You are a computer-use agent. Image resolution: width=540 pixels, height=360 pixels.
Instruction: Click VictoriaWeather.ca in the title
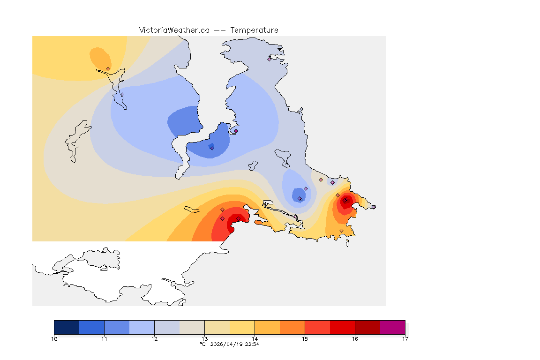pyautogui.click(x=174, y=30)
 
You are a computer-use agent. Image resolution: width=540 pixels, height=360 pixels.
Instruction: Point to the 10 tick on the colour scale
pyautogui.click(x=54, y=339)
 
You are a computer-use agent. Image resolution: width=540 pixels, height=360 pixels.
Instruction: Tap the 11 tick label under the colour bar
pyautogui.click(x=104, y=339)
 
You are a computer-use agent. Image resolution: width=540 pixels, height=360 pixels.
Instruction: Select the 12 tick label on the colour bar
pyautogui.click(x=154, y=339)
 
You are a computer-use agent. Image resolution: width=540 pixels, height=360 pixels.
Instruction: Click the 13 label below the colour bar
pyautogui.click(x=204, y=339)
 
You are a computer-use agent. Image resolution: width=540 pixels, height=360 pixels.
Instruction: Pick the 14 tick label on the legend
pyautogui.click(x=255, y=339)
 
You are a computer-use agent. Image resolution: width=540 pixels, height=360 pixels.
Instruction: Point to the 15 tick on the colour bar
pyautogui.click(x=305, y=339)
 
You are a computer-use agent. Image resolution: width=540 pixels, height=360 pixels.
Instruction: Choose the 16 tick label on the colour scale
pyautogui.click(x=355, y=339)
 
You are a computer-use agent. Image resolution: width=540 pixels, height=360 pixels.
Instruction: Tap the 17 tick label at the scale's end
pyautogui.click(x=405, y=339)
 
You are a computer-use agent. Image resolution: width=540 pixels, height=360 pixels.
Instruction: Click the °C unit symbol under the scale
pyautogui.click(x=202, y=344)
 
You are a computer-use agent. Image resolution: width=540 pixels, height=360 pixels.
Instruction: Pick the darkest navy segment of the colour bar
pyautogui.click(x=67, y=327)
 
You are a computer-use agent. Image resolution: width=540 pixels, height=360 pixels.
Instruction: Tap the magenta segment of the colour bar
pyautogui.click(x=392, y=327)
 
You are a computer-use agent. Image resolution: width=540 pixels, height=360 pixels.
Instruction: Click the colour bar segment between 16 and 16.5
pyautogui.click(x=367, y=327)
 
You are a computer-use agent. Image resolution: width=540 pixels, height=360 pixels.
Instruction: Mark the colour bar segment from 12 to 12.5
pyautogui.click(x=167, y=327)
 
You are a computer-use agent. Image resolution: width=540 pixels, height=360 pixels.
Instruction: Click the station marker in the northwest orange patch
pyautogui.click(x=108, y=68)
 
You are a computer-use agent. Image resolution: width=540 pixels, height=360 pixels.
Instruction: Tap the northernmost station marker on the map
pyautogui.click(x=270, y=59)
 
